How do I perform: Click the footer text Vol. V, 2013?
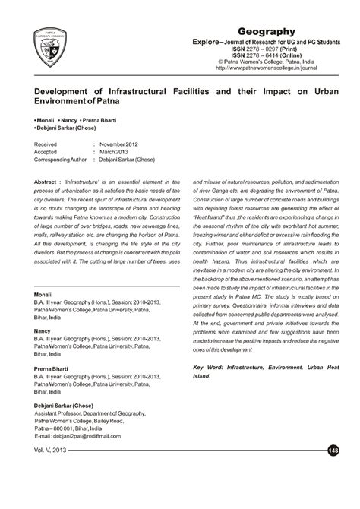(x=50, y=473)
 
